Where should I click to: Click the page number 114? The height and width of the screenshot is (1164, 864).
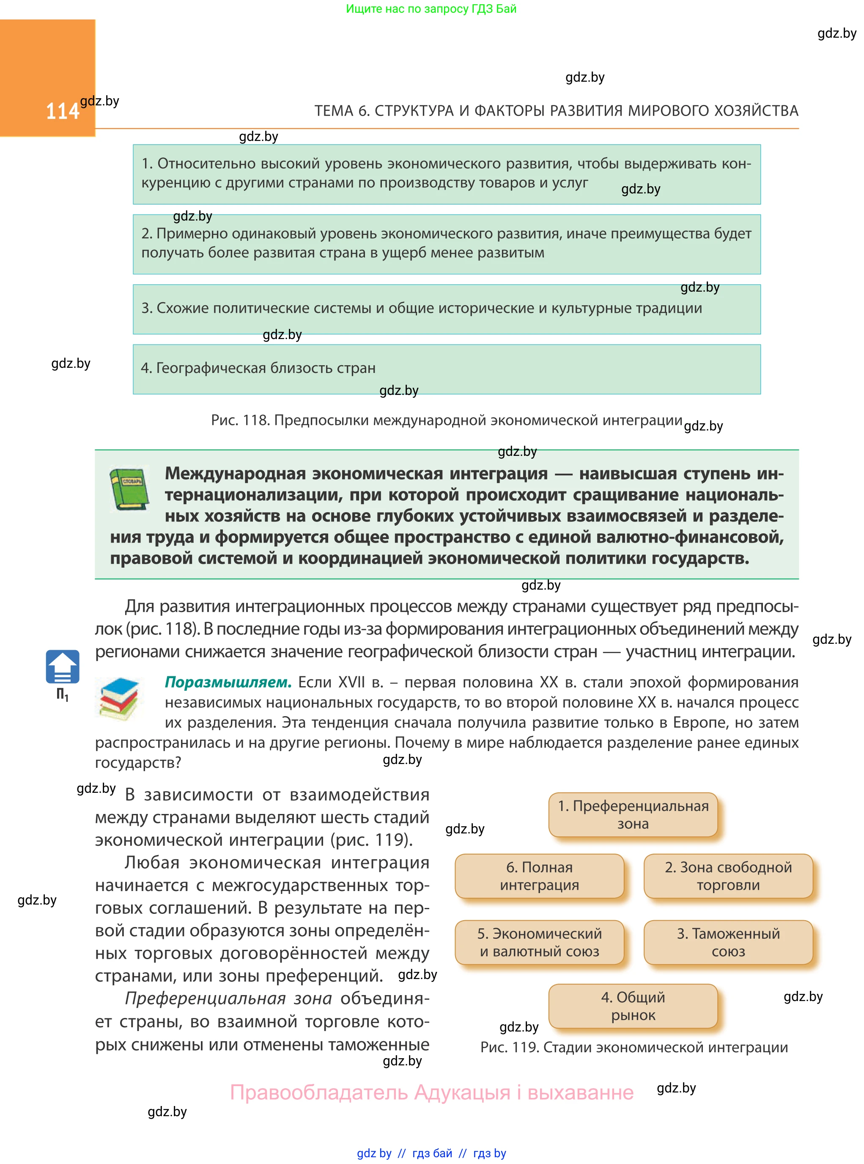click(x=62, y=111)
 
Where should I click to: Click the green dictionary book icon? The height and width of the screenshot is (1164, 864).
click(x=129, y=488)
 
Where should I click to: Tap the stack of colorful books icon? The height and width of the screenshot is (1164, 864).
click(x=119, y=699)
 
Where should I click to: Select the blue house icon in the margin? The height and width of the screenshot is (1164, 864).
click(x=62, y=666)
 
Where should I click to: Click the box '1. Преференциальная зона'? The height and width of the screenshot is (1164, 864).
click(x=633, y=814)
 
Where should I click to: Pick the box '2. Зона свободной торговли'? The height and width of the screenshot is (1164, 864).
click(x=728, y=876)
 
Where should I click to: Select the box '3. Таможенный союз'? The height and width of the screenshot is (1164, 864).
click(x=728, y=942)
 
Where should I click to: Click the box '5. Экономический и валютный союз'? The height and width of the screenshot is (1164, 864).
click(x=539, y=942)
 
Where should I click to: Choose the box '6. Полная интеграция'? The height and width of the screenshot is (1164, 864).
click(x=539, y=876)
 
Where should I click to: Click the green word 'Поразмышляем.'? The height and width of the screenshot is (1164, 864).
click(x=228, y=682)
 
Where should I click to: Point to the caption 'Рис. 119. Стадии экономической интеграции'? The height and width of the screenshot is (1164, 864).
click(x=634, y=1047)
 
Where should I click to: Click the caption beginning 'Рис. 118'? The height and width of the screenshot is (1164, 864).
click(x=447, y=420)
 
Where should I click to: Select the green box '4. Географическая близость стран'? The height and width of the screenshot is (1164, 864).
click(x=447, y=369)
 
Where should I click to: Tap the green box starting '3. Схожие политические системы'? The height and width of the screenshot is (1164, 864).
click(x=447, y=309)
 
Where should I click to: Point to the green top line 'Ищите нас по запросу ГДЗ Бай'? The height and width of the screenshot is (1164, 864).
click(x=431, y=9)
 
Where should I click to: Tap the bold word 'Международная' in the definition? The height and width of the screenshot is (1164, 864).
click(x=236, y=473)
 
